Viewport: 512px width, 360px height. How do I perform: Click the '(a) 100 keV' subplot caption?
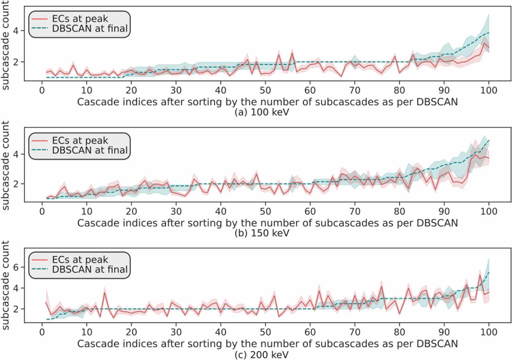[261, 112]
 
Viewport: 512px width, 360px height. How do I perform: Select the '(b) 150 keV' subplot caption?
[261, 233]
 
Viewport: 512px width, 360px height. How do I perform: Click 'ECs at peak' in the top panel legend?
[80, 19]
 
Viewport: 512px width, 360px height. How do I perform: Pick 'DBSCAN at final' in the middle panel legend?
[90, 150]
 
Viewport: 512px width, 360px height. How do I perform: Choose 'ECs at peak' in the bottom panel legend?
[80, 260]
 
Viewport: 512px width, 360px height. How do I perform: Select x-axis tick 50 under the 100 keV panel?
[265, 90]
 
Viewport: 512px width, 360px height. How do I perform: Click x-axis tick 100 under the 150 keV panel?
[488, 212]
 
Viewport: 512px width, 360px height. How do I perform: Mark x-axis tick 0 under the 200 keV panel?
[42, 332]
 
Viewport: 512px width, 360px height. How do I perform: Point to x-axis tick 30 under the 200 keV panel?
[176, 332]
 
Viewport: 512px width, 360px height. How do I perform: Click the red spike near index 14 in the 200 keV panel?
[105, 292]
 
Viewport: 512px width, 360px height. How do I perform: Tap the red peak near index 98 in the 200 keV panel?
[480, 275]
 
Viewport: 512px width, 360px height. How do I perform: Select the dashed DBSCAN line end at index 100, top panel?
[488, 33]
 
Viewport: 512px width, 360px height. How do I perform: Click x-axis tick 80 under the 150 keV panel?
[399, 212]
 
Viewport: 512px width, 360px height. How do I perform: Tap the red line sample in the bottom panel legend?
[40, 260]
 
